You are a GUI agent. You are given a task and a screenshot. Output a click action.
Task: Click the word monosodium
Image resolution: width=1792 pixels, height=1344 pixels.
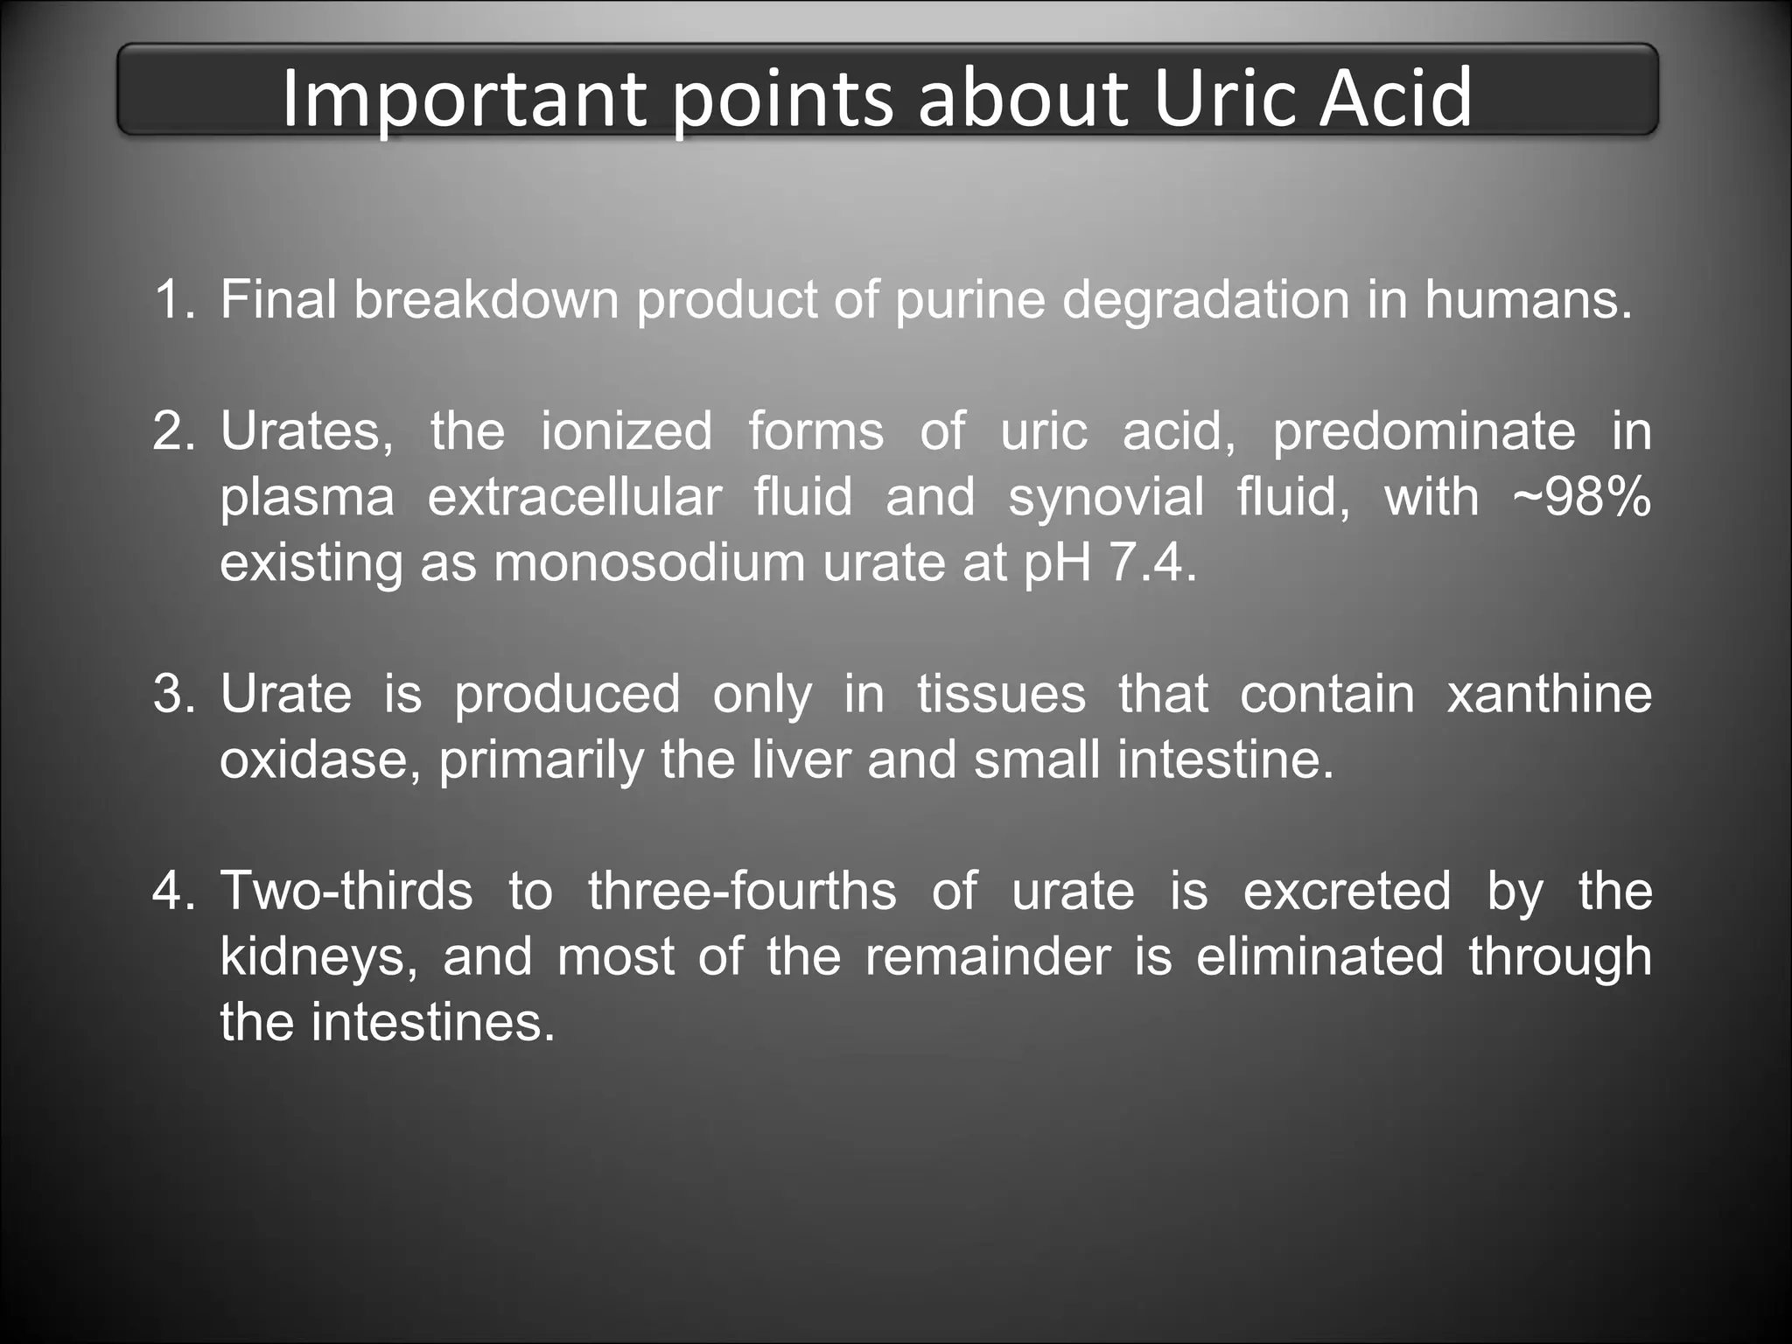point(648,563)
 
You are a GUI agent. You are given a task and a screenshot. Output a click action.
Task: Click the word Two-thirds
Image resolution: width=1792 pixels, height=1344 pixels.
point(346,891)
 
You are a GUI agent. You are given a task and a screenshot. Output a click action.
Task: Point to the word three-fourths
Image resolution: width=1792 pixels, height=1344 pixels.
point(742,891)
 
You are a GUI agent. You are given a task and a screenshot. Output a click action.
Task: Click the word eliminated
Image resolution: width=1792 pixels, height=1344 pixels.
point(1319,956)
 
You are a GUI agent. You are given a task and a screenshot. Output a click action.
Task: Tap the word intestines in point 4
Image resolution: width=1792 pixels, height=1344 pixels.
point(433,1022)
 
